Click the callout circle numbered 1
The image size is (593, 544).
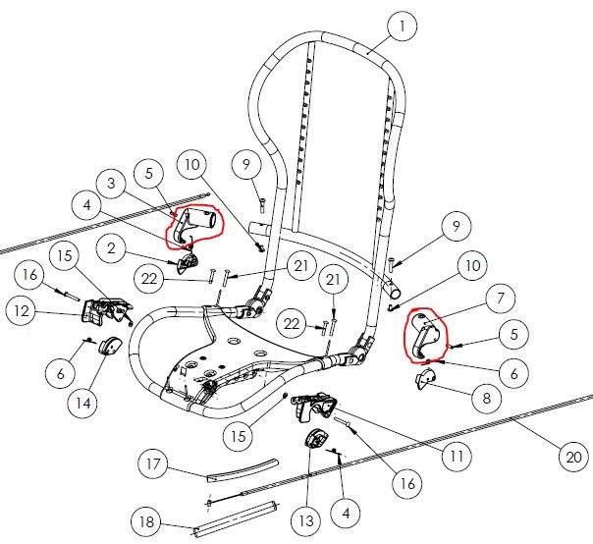point(402,27)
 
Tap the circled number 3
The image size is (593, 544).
point(113,182)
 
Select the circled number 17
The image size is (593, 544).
point(153,462)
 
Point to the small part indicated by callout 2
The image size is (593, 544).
point(189,262)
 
